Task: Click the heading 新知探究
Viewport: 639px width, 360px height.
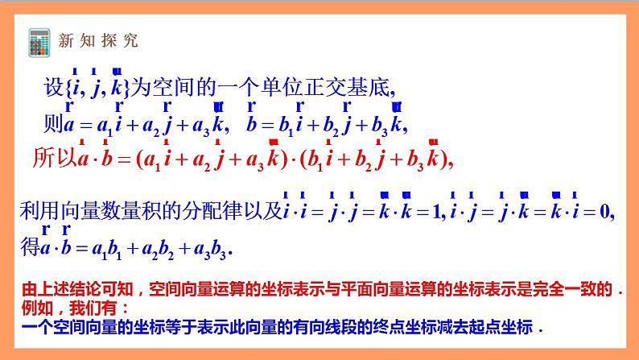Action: coord(96,40)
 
